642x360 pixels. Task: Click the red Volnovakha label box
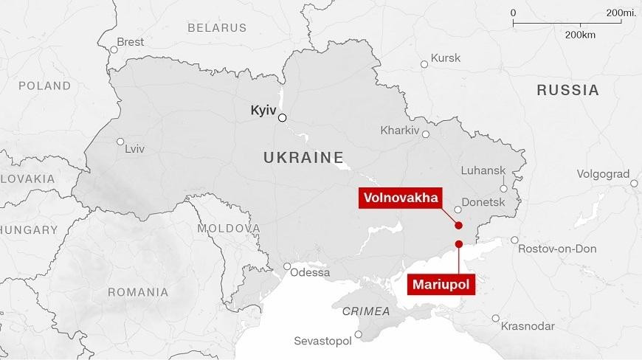(x=399, y=198)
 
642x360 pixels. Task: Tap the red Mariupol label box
(x=441, y=283)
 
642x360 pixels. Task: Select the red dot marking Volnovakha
(x=458, y=226)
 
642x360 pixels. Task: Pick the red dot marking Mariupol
(x=458, y=244)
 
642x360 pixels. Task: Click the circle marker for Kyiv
(x=282, y=117)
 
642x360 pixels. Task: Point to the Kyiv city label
(x=263, y=109)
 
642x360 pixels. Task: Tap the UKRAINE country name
(x=303, y=157)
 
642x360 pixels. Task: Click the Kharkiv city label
(x=399, y=131)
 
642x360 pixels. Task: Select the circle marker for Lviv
(x=121, y=142)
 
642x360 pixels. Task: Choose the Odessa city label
(x=311, y=272)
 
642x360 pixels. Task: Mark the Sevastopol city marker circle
(x=359, y=334)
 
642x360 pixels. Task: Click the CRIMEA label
(x=366, y=311)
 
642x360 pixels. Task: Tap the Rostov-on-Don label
(x=556, y=249)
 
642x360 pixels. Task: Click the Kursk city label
(x=446, y=58)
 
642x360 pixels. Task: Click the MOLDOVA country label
(x=229, y=229)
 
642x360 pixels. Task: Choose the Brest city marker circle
(x=114, y=49)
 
